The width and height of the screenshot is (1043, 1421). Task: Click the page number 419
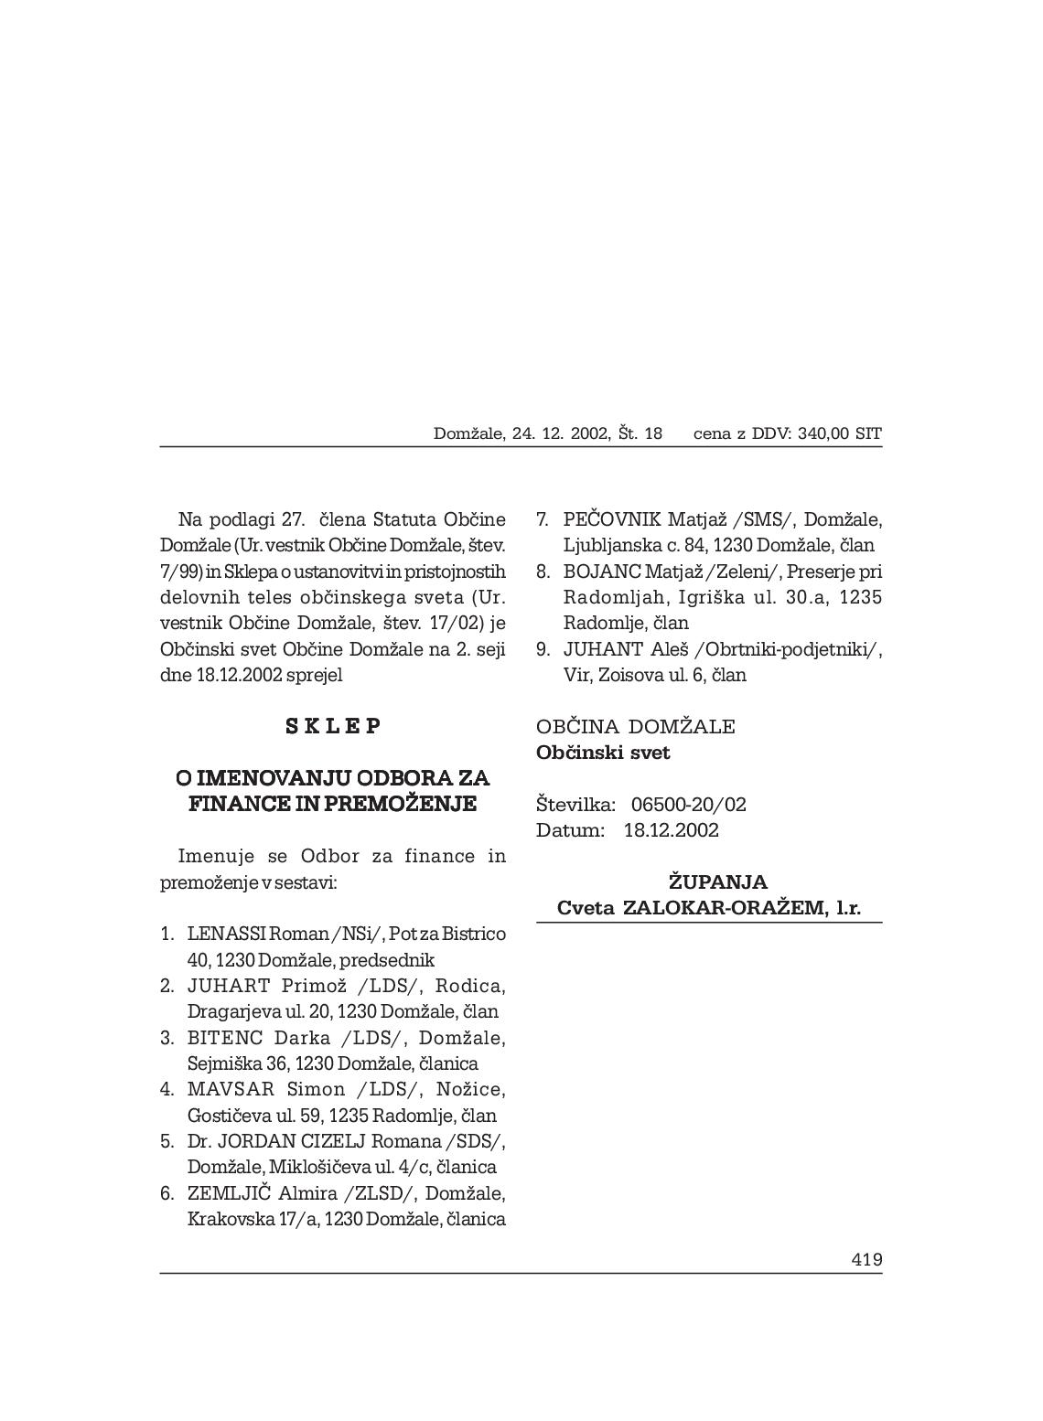[866, 1259]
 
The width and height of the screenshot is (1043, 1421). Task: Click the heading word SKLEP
[333, 726]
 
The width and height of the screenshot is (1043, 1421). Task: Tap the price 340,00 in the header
[823, 433]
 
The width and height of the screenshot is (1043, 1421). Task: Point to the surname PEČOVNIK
[612, 519]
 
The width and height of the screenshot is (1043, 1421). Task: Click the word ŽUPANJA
[718, 882]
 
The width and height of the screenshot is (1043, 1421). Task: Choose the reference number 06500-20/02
[689, 805]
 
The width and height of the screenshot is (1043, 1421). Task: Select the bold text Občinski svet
[603, 753]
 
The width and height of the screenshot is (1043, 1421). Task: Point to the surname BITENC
[225, 1038]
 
